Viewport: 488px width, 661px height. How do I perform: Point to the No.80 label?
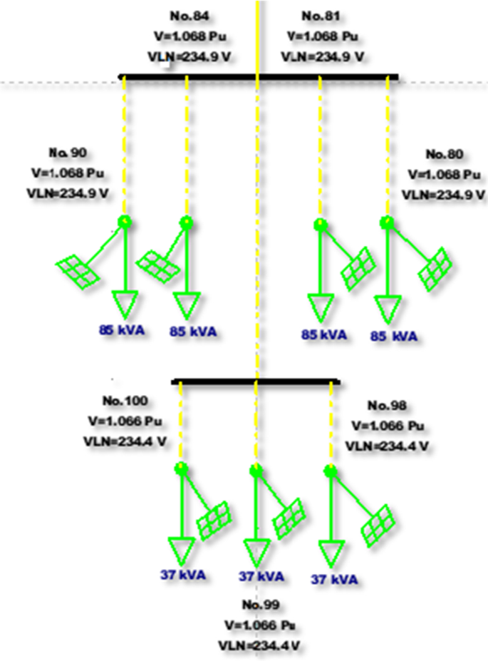click(x=444, y=154)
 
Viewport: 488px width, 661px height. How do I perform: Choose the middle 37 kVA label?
click(x=261, y=575)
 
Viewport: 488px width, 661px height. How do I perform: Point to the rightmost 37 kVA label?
click(x=334, y=579)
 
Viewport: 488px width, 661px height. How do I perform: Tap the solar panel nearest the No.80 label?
click(x=434, y=268)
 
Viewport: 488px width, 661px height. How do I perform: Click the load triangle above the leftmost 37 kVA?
click(x=182, y=552)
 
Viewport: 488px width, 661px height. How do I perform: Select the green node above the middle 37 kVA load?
click(x=256, y=470)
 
